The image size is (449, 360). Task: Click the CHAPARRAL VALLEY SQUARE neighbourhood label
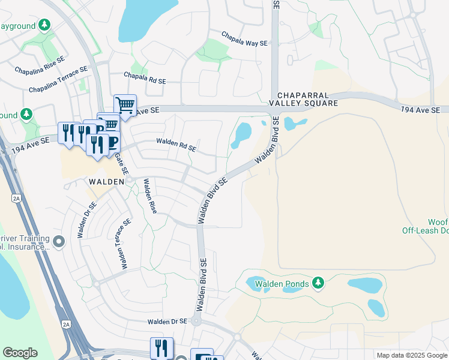coord(307,99)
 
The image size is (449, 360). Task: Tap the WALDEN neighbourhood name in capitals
coord(106,181)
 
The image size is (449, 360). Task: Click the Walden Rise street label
coord(149,204)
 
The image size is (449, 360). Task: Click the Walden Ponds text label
coord(282,283)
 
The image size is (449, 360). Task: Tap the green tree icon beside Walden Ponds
coord(319,283)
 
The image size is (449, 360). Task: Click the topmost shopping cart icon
coord(125,106)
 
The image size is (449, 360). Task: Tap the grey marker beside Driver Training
coord(58,242)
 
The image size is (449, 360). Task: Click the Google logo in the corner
coord(20,353)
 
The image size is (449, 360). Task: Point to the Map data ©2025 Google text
coord(412,355)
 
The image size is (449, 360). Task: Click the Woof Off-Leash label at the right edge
coord(426,226)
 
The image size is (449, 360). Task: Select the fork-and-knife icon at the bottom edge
coord(161,347)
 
